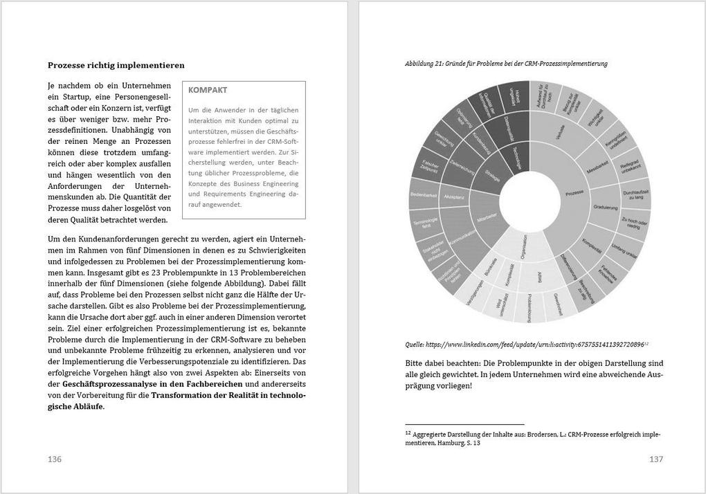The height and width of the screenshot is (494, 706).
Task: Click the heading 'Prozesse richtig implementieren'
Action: coord(116,65)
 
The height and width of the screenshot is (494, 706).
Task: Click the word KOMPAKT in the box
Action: coord(208,90)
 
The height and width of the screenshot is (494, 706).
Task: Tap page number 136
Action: coord(55,459)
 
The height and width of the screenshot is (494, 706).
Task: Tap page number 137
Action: coord(656,459)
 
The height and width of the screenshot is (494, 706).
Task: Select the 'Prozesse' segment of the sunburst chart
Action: coord(574,193)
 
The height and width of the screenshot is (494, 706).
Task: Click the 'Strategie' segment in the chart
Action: coord(494,171)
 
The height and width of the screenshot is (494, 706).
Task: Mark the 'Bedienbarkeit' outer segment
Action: coord(424,196)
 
